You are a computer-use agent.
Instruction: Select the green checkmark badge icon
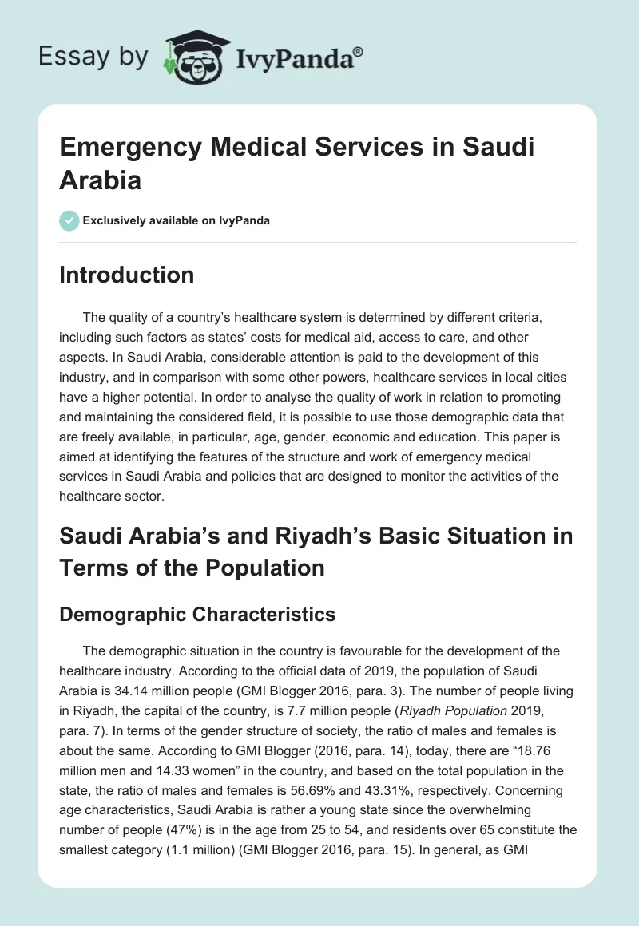pyautogui.click(x=69, y=220)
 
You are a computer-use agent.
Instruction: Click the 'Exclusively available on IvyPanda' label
pyautogui.click(x=177, y=220)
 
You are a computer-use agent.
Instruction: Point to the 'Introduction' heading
pyautogui.click(x=127, y=275)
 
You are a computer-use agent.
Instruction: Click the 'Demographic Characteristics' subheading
pyautogui.click(x=197, y=615)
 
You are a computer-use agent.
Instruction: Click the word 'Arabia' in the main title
pyautogui.click(x=101, y=180)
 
